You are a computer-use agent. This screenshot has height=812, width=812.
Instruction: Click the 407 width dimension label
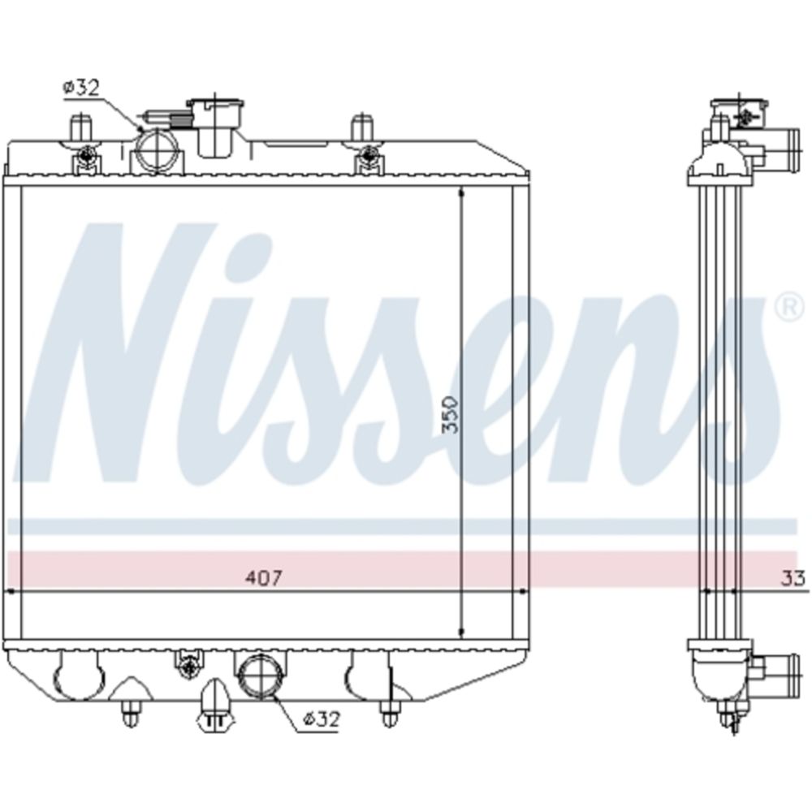click(x=263, y=577)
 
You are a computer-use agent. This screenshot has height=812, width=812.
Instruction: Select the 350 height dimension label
click(x=450, y=414)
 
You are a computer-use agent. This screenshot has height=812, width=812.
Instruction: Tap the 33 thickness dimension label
click(x=793, y=577)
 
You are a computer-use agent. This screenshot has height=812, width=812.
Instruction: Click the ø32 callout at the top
click(x=81, y=88)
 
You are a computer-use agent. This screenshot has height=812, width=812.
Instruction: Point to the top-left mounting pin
click(x=80, y=128)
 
